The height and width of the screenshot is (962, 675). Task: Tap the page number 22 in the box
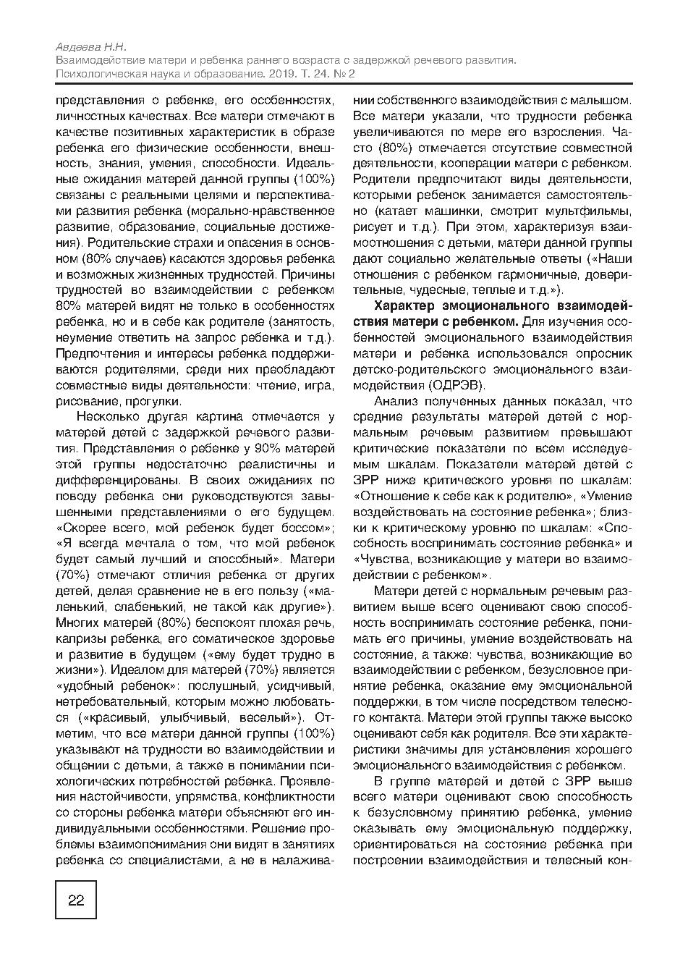pyautogui.click(x=76, y=900)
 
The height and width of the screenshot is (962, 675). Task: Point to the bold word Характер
pyautogui.click(x=404, y=306)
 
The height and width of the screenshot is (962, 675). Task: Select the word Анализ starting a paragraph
pyautogui.click(x=396, y=401)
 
